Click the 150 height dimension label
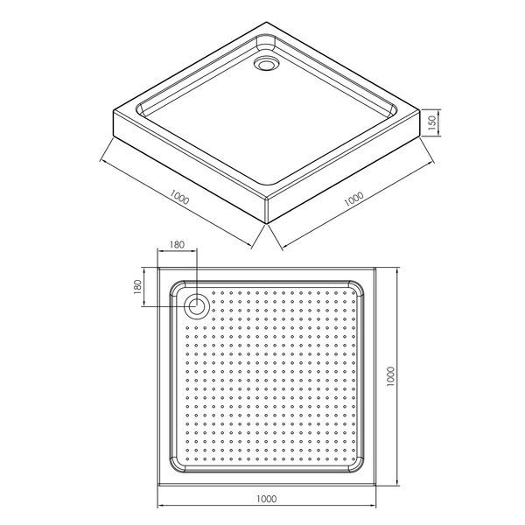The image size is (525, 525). click(x=432, y=122)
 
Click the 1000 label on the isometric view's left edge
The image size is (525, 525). click(x=179, y=197)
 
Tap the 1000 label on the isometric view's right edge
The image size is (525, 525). click(x=353, y=199)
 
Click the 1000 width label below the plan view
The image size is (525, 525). click(x=267, y=499)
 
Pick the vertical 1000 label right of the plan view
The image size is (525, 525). click(x=390, y=376)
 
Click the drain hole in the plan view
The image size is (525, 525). click(x=197, y=306)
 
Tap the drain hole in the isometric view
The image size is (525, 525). click(x=266, y=64)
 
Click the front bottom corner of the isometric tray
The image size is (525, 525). click(x=267, y=224)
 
